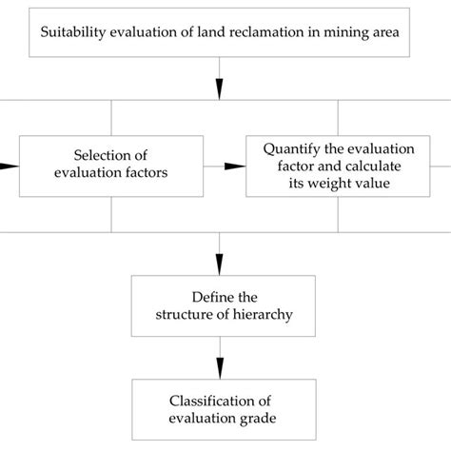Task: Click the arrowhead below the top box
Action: tap(221, 88)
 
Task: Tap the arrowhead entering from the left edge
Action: tap(8, 166)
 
